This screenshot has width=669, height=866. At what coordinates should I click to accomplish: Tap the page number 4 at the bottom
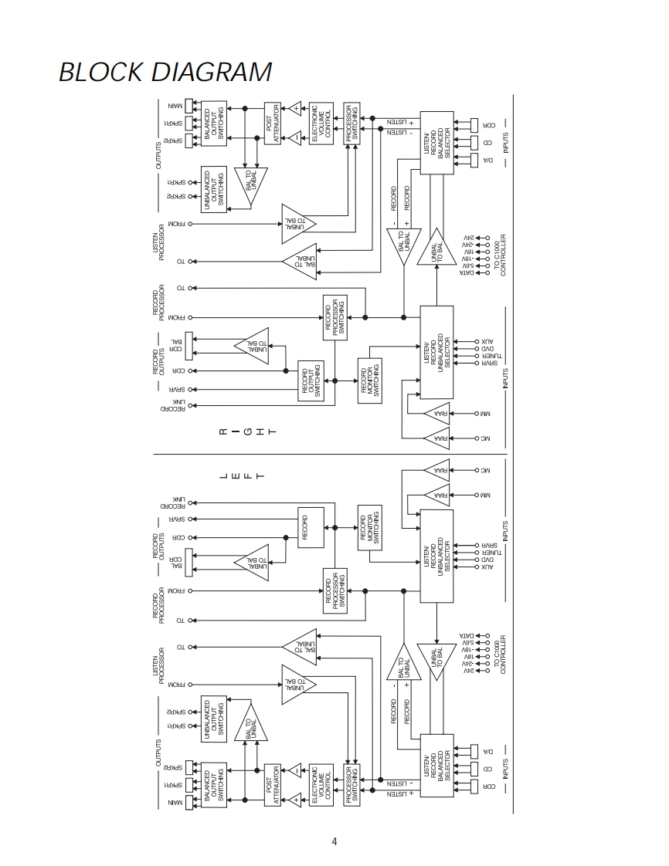click(334, 841)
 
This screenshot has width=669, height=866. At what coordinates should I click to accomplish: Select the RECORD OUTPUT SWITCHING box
click(311, 381)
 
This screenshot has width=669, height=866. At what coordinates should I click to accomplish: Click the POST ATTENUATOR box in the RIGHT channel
click(273, 123)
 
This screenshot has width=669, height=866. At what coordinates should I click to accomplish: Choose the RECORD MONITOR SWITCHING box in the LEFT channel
click(369, 528)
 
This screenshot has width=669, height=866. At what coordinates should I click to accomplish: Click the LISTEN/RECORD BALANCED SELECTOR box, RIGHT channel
click(436, 142)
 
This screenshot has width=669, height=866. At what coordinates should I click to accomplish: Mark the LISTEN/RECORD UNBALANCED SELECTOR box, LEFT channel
click(436, 556)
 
